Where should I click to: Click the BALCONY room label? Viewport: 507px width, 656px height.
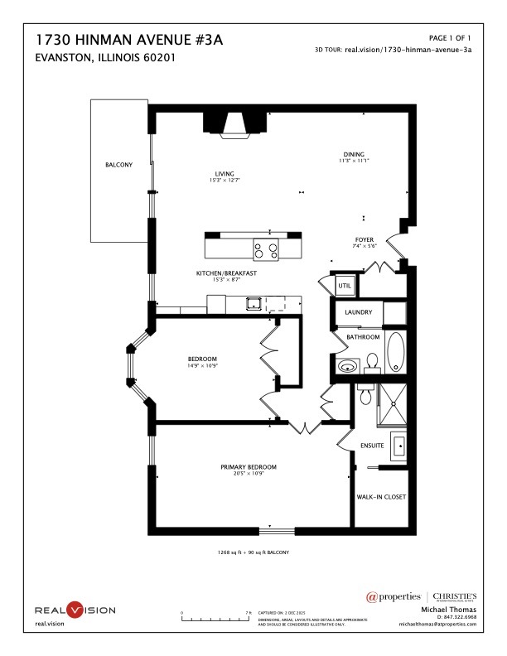118,165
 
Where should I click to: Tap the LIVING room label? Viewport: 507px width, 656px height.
225,174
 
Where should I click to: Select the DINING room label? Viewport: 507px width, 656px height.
355,154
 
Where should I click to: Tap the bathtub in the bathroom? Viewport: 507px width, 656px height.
396,352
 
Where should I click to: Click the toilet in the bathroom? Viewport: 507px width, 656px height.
373,362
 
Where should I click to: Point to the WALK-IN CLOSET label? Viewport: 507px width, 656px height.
381,497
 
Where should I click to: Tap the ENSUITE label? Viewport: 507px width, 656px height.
372,446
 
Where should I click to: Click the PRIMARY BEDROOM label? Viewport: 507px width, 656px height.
249,467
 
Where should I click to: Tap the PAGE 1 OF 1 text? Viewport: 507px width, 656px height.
450,38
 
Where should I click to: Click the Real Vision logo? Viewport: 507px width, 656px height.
75,610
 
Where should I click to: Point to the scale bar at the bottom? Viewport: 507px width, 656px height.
215,618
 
